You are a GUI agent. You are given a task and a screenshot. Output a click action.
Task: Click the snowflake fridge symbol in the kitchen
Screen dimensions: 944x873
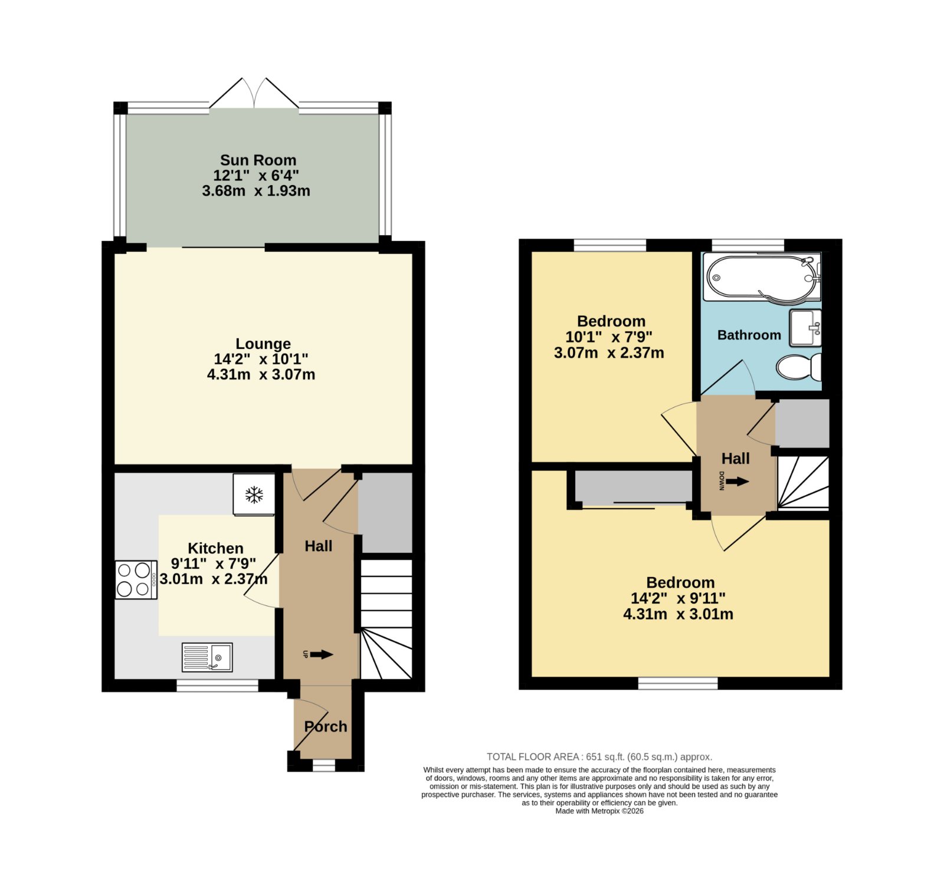[254, 495]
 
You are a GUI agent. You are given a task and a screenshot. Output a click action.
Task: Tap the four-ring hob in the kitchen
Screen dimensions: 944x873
[136, 579]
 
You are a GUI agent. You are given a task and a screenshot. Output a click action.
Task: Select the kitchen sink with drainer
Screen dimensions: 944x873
[207, 657]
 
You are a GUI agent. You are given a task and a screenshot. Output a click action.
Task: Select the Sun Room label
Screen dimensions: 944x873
[258, 160]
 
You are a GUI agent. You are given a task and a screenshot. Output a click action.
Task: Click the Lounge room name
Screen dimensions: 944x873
[263, 344]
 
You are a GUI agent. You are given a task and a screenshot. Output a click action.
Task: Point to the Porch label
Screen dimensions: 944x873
[326, 726]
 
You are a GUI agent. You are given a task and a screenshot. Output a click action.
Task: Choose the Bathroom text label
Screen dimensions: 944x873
[749, 335]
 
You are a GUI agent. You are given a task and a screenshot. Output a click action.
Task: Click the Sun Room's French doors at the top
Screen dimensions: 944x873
[255, 93]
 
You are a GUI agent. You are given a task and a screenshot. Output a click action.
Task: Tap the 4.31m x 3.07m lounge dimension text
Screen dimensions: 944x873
[261, 374]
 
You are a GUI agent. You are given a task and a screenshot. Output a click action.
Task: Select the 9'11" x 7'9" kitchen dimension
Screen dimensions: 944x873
[214, 564]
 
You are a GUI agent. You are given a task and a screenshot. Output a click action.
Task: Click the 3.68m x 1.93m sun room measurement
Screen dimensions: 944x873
[256, 191]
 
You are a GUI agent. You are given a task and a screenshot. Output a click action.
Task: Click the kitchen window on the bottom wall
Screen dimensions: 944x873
[218, 685]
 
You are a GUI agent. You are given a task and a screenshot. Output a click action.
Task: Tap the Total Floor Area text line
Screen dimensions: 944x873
[599, 757]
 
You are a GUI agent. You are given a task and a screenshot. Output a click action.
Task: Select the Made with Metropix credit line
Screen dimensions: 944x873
[599, 811]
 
